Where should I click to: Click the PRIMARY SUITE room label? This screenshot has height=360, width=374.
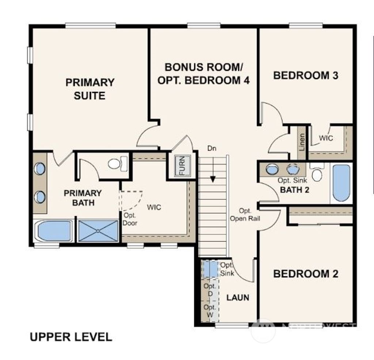click(x=90, y=89)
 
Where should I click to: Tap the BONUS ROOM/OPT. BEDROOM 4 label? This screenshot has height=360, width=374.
click(x=203, y=74)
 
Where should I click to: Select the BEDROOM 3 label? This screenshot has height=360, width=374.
click(x=306, y=76)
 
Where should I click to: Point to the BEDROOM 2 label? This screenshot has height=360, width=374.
click(x=306, y=274)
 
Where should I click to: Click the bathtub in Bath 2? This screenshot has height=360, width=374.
click(x=341, y=183)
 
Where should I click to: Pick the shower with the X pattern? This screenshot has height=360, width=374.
click(x=98, y=230)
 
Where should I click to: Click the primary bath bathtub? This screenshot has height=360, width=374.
click(x=53, y=230)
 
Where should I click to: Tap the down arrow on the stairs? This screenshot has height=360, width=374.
click(x=213, y=179)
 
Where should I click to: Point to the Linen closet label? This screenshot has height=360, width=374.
click(x=302, y=142)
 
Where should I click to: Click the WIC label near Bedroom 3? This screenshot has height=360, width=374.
click(x=326, y=138)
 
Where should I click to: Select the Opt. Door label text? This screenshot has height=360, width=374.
click(x=130, y=219)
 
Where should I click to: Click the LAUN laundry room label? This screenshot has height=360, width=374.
click(x=238, y=298)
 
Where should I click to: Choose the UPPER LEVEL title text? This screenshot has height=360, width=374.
click(x=71, y=337)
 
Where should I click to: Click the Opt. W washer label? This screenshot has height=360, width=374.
click(x=210, y=311)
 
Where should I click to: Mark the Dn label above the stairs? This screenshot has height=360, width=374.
click(x=212, y=149)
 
